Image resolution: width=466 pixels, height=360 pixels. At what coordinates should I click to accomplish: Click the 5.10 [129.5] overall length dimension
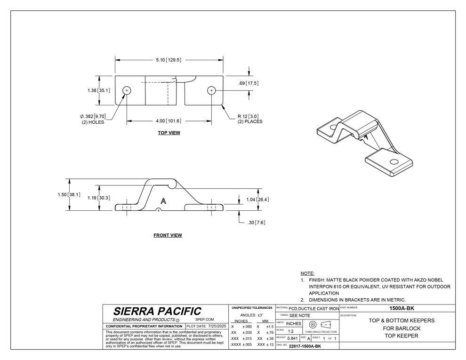click(169, 60)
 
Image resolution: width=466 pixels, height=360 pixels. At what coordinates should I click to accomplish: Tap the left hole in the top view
click(127, 90)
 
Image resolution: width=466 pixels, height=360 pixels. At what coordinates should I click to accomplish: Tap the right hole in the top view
click(211, 90)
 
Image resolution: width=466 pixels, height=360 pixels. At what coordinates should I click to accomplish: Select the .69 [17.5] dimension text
click(249, 83)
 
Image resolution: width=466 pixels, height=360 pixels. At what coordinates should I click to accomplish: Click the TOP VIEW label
click(169, 133)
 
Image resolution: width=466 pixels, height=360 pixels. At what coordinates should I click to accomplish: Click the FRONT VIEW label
click(168, 235)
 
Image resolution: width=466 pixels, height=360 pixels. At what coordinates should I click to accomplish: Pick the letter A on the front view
click(163, 200)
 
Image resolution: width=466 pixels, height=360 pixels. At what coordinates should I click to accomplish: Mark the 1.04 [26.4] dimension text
click(257, 200)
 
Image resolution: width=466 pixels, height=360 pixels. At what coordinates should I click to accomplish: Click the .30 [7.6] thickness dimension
click(257, 223)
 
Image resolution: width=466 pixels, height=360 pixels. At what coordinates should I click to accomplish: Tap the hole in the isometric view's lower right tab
click(394, 162)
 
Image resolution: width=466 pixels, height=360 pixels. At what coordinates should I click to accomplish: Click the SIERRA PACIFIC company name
click(157, 311)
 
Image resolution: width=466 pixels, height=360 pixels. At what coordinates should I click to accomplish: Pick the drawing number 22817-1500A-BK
click(305, 346)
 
